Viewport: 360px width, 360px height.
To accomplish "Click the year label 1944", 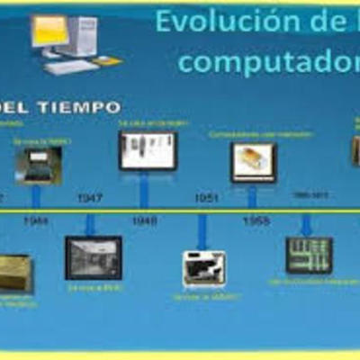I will coord(37,220).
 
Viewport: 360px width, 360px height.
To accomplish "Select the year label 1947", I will coord(90,197).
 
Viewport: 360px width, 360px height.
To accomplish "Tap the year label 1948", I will coord(144,220).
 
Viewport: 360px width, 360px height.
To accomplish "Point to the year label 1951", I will coord(206,197).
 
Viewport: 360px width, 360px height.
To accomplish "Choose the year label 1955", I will coord(255,220).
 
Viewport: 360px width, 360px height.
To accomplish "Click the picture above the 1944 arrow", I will coord(38,164).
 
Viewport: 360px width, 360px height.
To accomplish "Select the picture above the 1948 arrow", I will coord(148,150).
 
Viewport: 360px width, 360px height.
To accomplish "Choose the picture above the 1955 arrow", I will coord(254,162).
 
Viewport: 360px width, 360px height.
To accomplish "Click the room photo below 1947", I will coord(93,258).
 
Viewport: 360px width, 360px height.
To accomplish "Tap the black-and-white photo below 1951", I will coord(204,268).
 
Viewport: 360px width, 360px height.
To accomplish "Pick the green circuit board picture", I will coord(309,255).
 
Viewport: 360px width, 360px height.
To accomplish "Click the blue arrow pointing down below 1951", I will coord(203,231).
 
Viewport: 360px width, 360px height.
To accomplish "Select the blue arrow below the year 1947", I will coord(91,224).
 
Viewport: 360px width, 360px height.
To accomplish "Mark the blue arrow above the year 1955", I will coord(253,196).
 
